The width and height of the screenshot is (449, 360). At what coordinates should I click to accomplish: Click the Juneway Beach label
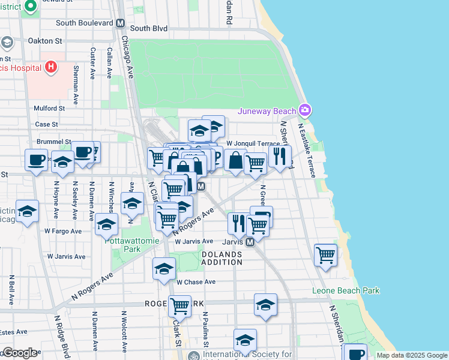pos(267,111)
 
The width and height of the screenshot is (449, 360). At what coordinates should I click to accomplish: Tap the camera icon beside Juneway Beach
pos(305,110)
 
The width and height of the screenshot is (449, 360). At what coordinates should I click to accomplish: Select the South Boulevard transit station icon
pos(120,23)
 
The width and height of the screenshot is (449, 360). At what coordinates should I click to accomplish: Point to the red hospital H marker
pos(50,67)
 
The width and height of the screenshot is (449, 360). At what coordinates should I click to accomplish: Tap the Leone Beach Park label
pos(346,291)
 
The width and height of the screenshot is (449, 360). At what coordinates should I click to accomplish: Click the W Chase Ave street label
pos(196,282)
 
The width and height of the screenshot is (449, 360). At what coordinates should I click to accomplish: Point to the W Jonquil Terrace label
pos(253,144)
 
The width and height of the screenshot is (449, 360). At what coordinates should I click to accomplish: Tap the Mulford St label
pos(49,109)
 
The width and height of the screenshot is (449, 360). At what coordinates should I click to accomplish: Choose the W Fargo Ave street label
pos(63,231)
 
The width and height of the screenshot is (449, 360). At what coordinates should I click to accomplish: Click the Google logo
pos(19,353)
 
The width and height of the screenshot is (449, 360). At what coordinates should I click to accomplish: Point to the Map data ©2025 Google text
pos(411,355)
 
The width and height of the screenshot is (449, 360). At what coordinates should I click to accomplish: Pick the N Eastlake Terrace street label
pos(312,158)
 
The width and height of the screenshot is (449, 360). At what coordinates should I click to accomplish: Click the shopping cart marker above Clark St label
pos(179,306)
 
